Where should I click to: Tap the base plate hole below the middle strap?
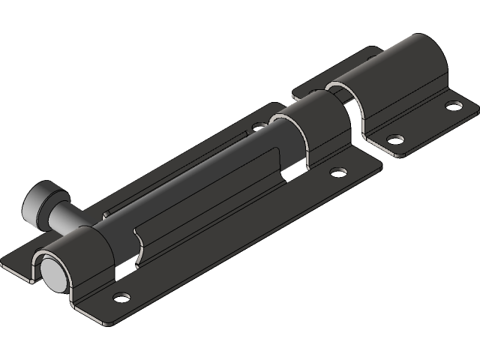click(340, 172)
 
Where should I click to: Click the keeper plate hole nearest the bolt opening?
click(391, 138)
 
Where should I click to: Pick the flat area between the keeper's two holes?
click(424, 122)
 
